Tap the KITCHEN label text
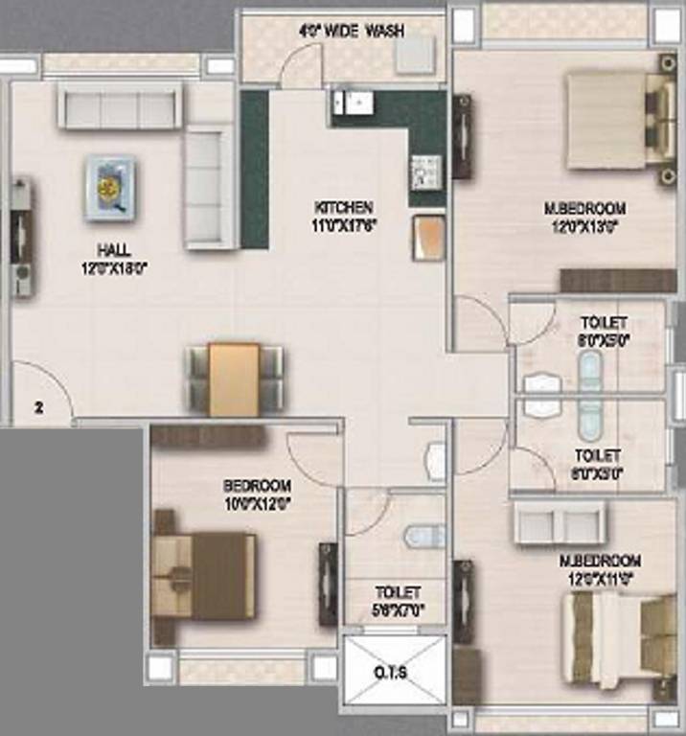tap(344, 207)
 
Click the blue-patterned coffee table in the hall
tap(110, 189)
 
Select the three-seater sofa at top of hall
tap(120, 105)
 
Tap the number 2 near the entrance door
tap(39, 406)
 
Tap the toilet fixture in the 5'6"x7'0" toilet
tap(424, 536)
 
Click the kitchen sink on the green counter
tap(355, 103)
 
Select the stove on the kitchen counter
tap(423, 172)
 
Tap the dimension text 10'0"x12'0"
tap(257, 500)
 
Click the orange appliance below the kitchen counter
tap(428, 236)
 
